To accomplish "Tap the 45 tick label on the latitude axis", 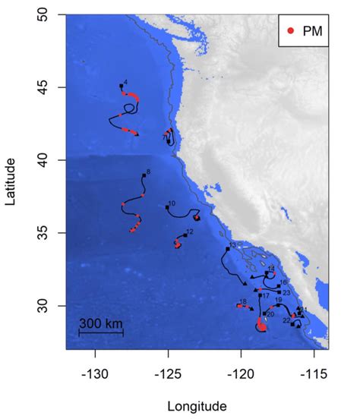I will click(x=46, y=87).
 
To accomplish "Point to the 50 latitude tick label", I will click(x=46, y=15).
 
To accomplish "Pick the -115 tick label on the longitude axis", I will click(x=314, y=375).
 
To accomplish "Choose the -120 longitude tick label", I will click(x=241, y=375).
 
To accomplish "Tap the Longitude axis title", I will click(x=197, y=405).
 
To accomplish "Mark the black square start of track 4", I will click(x=122, y=86).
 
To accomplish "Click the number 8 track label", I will click(x=148, y=173).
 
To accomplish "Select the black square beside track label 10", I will click(x=167, y=206).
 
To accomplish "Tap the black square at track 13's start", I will click(x=227, y=247).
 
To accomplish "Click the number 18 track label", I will click(x=243, y=301).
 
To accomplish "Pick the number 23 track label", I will click(x=286, y=292).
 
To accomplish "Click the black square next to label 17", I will click(x=260, y=295).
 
